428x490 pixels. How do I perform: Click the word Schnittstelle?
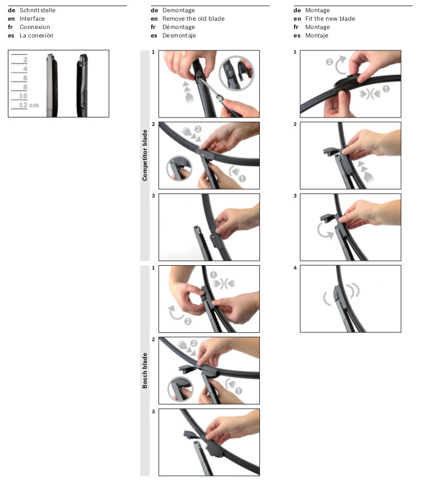click(38, 10)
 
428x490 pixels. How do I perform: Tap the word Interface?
click(32, 19)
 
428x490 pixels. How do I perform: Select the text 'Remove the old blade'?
click(193, 19)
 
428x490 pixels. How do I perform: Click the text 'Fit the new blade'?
click(330, 19)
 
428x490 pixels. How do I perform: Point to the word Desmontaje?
click(179, 36)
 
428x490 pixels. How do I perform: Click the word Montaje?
click(317, 36)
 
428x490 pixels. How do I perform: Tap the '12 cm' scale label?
click(29, 105)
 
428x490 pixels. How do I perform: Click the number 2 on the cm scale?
click(25, 60)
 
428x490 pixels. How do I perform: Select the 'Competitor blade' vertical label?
click(145, 156)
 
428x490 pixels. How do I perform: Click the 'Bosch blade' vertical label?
click(145, 371)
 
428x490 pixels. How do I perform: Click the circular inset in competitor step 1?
click(236, 73)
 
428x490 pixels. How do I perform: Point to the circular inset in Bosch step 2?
click(180, 389)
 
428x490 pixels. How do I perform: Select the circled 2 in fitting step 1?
click(329, 62)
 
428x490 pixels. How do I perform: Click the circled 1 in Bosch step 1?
click(213, 275)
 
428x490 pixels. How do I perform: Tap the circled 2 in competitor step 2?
click(198, 129)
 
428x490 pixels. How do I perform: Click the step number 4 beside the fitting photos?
click(295, 268)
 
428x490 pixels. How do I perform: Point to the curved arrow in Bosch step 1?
click(175, 313)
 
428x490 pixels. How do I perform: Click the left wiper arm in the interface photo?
click(52, 86)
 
